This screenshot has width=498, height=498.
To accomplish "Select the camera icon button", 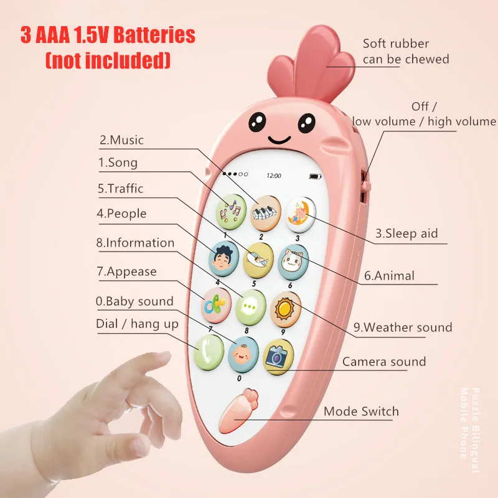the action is click(278, 355).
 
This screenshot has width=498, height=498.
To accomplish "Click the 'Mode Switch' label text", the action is click(361, 411).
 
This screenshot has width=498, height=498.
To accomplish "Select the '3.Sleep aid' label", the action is click(406, 234).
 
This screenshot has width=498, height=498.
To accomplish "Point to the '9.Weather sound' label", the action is click(403, 327).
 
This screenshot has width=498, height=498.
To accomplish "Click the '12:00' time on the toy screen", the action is click(273, 176).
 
